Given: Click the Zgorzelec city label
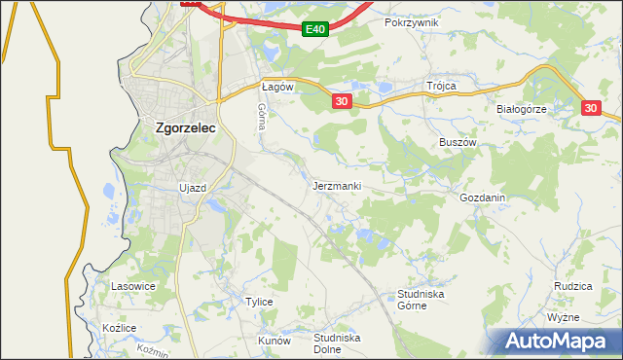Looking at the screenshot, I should [186, 126].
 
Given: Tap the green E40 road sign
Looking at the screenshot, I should [314, 30].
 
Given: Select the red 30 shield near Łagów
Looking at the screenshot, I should [341, 101].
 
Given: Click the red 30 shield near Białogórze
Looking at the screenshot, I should [594, 109].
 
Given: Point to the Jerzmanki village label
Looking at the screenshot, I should [338, 185].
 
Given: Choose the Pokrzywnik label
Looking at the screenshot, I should [412, 21].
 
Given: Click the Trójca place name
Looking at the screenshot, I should [441, 86].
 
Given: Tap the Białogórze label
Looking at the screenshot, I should [522, 109].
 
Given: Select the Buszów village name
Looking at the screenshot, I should [457, 141].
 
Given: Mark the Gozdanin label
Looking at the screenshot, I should [483, 197].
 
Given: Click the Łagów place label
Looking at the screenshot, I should [278, 86].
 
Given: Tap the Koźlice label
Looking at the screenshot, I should [119, 328].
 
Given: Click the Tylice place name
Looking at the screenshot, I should [258, 302].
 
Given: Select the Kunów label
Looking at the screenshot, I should [274, 342].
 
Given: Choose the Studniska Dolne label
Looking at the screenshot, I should [337, 343].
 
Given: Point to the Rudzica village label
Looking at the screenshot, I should [573, 286].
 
